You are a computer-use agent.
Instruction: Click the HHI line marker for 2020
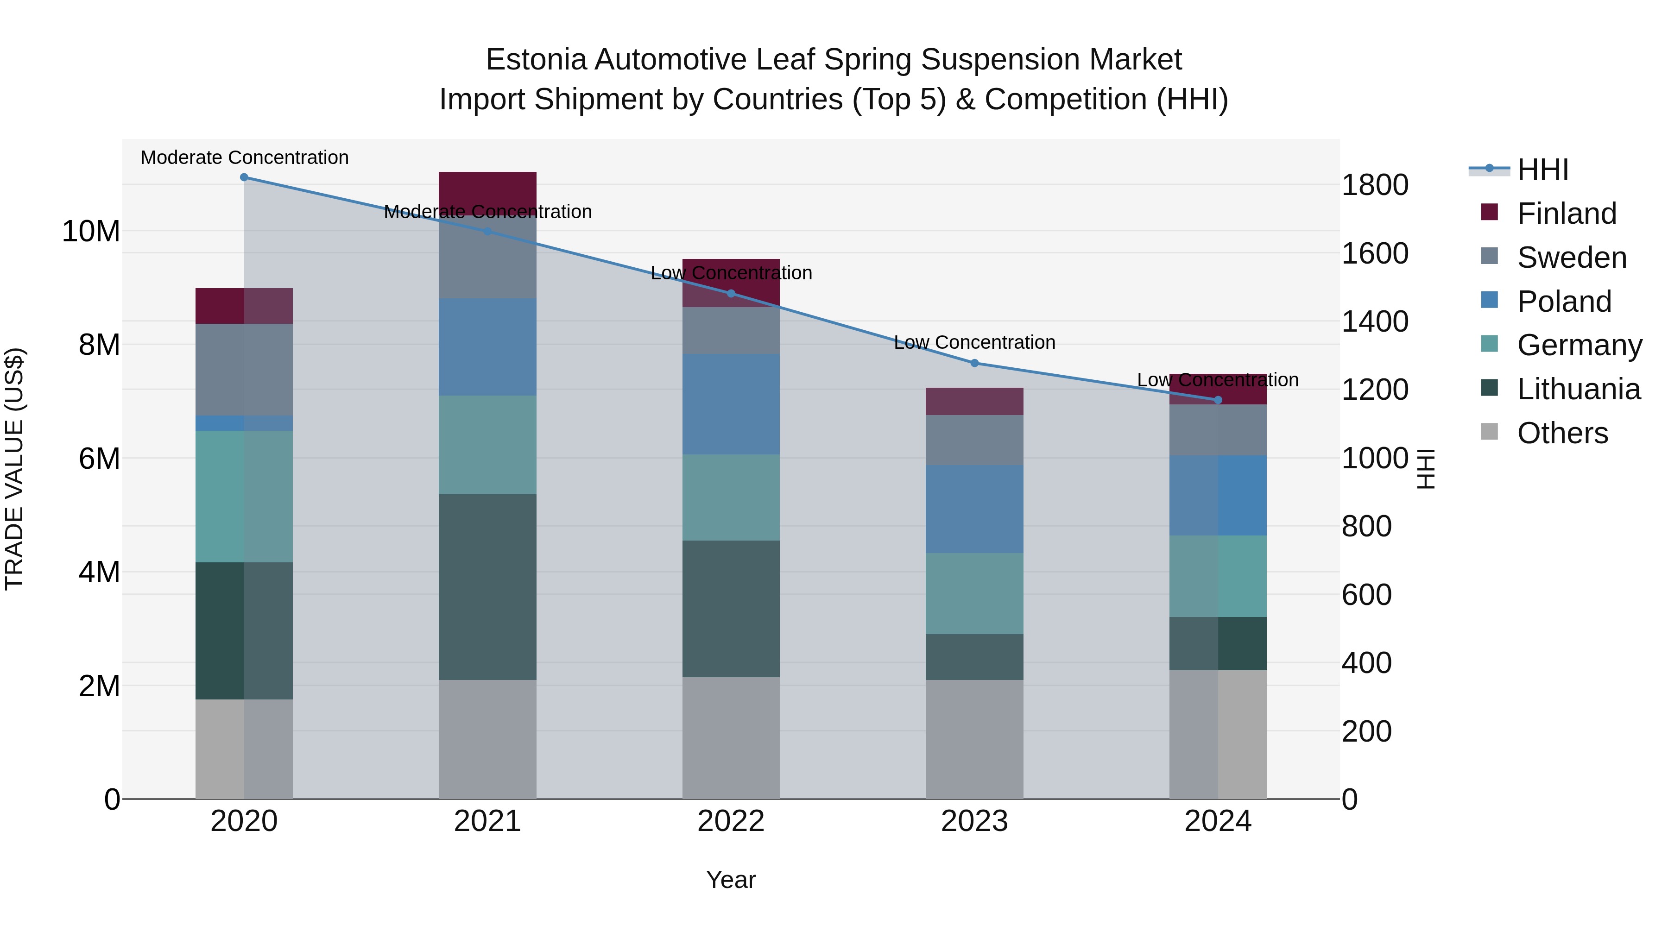244,177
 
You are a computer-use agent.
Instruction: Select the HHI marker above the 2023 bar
974,363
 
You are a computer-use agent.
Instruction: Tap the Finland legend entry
1567,214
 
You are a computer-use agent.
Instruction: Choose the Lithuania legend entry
1578,389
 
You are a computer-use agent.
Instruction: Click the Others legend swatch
1489,432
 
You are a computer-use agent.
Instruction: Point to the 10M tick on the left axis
91,232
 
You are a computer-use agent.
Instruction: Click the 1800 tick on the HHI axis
1375,185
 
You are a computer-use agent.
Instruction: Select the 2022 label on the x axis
731,821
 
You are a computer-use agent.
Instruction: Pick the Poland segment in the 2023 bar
974,509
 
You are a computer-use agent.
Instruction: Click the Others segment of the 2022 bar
731,738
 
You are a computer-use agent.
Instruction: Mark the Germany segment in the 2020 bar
244,497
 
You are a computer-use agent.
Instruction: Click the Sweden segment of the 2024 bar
1218,430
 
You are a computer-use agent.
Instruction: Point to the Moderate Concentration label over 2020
244,157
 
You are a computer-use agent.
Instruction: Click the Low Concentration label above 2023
974,342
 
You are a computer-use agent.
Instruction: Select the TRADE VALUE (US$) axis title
14,469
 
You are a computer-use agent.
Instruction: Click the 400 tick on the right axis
1366,663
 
